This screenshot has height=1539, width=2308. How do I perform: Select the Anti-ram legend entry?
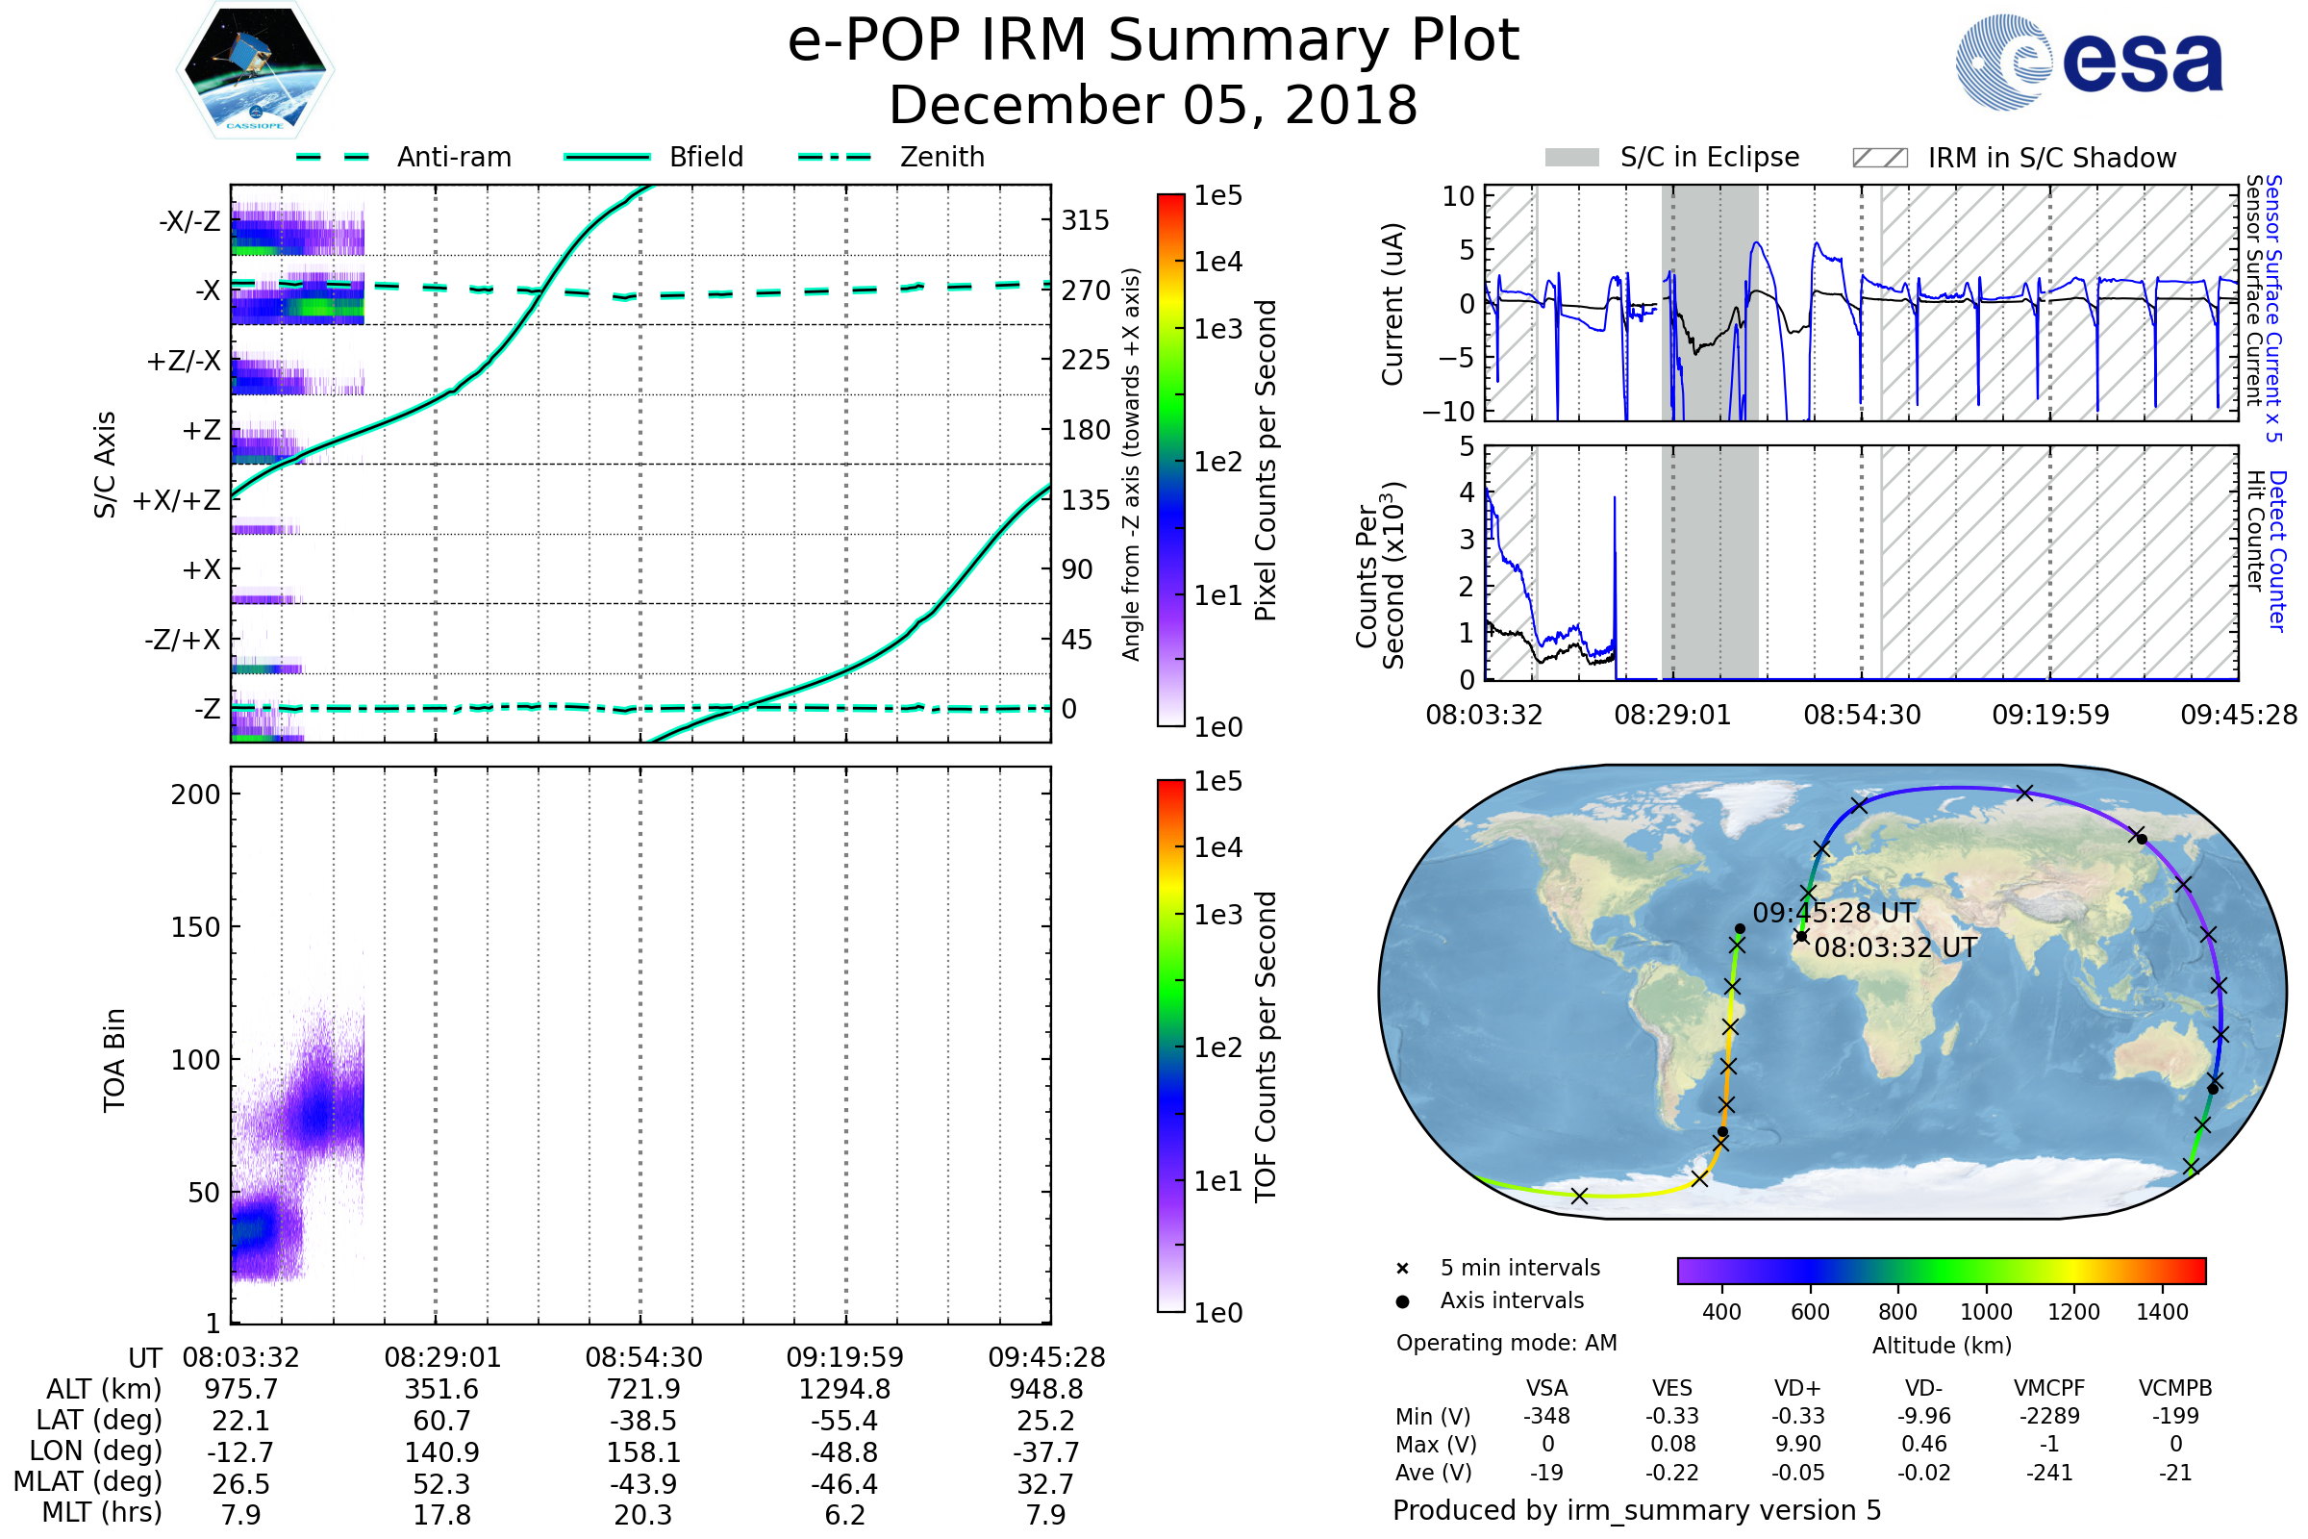click(453, 157)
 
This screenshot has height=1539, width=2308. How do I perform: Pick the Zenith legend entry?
click(941, 157)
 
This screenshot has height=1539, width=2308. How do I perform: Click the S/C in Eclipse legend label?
click(1709, 157)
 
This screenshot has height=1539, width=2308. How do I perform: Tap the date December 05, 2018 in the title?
click(1153, 105)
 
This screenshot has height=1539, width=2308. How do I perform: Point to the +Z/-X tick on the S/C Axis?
click(184, 362)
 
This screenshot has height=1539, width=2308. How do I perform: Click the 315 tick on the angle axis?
click(1085, 221)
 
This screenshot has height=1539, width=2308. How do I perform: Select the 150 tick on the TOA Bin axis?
click(195, 927)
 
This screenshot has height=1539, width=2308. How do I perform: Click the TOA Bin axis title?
click(114, 1060)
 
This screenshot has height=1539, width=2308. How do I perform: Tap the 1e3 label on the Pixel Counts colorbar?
click(1217, 330)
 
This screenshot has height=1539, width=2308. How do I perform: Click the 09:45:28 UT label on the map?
click(1833, 914)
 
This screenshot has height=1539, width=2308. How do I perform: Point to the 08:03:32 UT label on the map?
click(1894, 948)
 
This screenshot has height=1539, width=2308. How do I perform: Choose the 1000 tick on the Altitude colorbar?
click(1985, 1312)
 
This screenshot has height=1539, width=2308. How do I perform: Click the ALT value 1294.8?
click(844, 1390)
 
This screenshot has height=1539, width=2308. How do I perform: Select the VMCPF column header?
click(2049, 1389)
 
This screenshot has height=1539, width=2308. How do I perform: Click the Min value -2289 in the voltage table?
click(2049, 1416)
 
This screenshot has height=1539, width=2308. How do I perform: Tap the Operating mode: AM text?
click(1506, 1343)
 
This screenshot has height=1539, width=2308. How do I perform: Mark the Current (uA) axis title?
click(1392, 304)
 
